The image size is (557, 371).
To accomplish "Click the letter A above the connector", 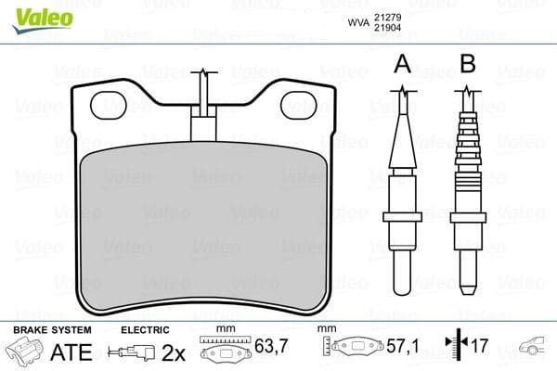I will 401,64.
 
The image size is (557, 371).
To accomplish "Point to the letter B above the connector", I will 468,64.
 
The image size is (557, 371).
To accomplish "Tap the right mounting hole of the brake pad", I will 299,105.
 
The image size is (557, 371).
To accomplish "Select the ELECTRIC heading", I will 145,330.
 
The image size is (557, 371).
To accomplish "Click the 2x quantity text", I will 174,352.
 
